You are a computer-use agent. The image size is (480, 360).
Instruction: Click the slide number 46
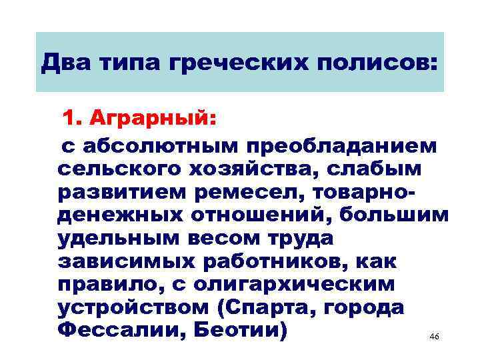point(435,337)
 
